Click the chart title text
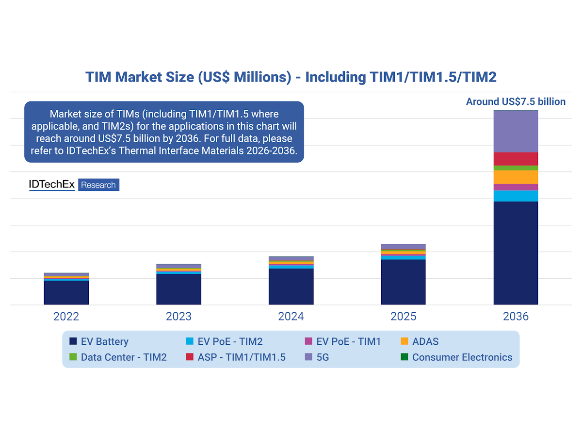tap(291, 77)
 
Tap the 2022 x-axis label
tap(66, 317)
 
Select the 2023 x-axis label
tap(178, 317)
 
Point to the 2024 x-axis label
tap(291, 317)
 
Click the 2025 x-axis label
tap(403, 317)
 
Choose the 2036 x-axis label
tap(516, 317)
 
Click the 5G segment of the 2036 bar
tap(516, 131)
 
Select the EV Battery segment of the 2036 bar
tap(516, 252)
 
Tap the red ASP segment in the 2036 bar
tap(516, 159)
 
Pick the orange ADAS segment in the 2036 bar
tap(516, 177)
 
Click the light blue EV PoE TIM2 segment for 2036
tap(516, 196)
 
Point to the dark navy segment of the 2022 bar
tap(66, 293)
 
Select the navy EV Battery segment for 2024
tap(291, 286)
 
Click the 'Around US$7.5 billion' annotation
tap(516, 102)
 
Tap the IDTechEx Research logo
tap(74, 185)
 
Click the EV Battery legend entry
tap(99, 342)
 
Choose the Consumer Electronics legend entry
tap(456, 357)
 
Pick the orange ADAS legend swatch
tap(404, 342)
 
